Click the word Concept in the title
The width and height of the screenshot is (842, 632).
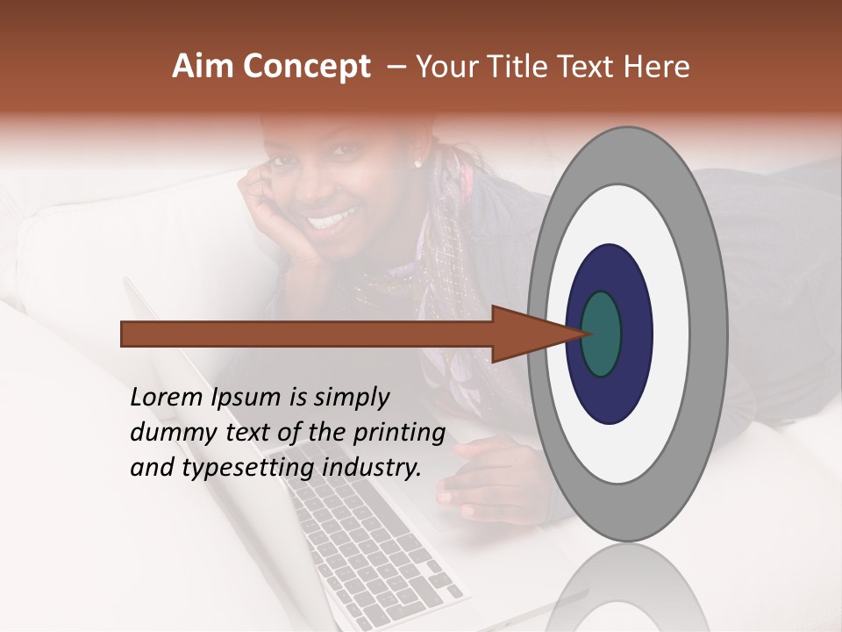[305, 67]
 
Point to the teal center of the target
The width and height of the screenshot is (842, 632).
[602, 334]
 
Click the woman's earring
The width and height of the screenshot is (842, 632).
[417, 163]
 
